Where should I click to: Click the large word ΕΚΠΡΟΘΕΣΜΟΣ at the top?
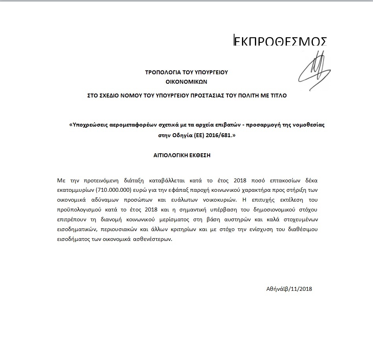coord(280,42)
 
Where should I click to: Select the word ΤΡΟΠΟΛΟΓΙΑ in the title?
coord(161,72)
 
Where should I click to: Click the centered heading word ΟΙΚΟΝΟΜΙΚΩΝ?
coord(186,82)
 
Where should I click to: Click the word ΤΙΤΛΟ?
coord(278,96)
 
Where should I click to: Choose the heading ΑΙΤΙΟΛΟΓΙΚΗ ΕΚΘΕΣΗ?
coord(182,155)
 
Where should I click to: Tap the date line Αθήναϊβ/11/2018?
coord(289,289)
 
